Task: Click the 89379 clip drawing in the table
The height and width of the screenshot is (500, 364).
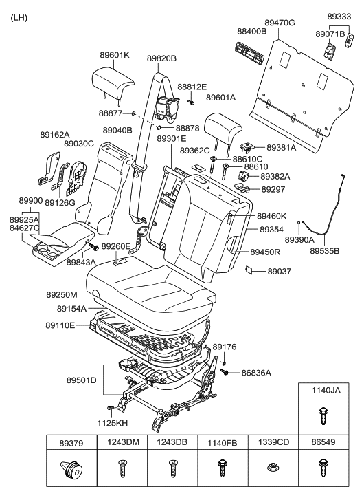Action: tap(71, 472)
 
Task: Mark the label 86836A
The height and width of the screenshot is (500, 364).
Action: tap(256, 373)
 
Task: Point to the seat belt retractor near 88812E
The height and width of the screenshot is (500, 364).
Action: tap(168, 108)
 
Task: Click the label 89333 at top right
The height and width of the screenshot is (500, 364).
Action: tap(339, 14)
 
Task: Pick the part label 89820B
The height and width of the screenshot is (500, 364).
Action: tap(161, 58)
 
